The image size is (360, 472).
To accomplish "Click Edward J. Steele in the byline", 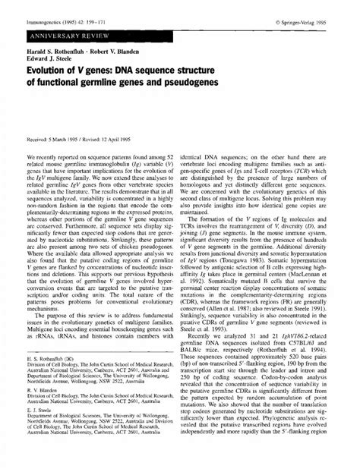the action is pos(45,61).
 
